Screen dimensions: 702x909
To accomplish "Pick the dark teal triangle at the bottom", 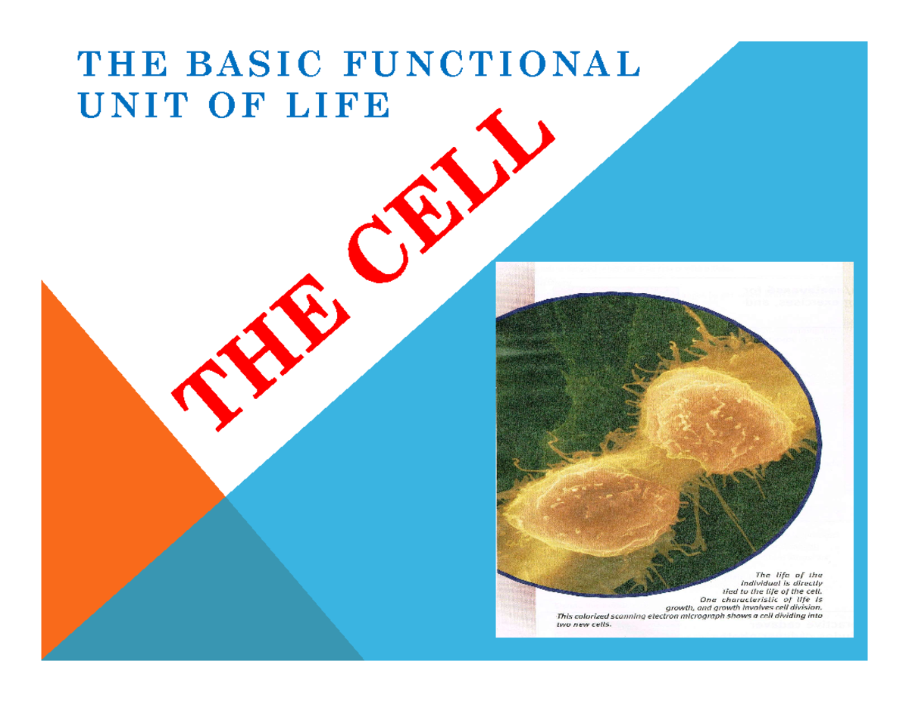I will [x=205, y=598].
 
